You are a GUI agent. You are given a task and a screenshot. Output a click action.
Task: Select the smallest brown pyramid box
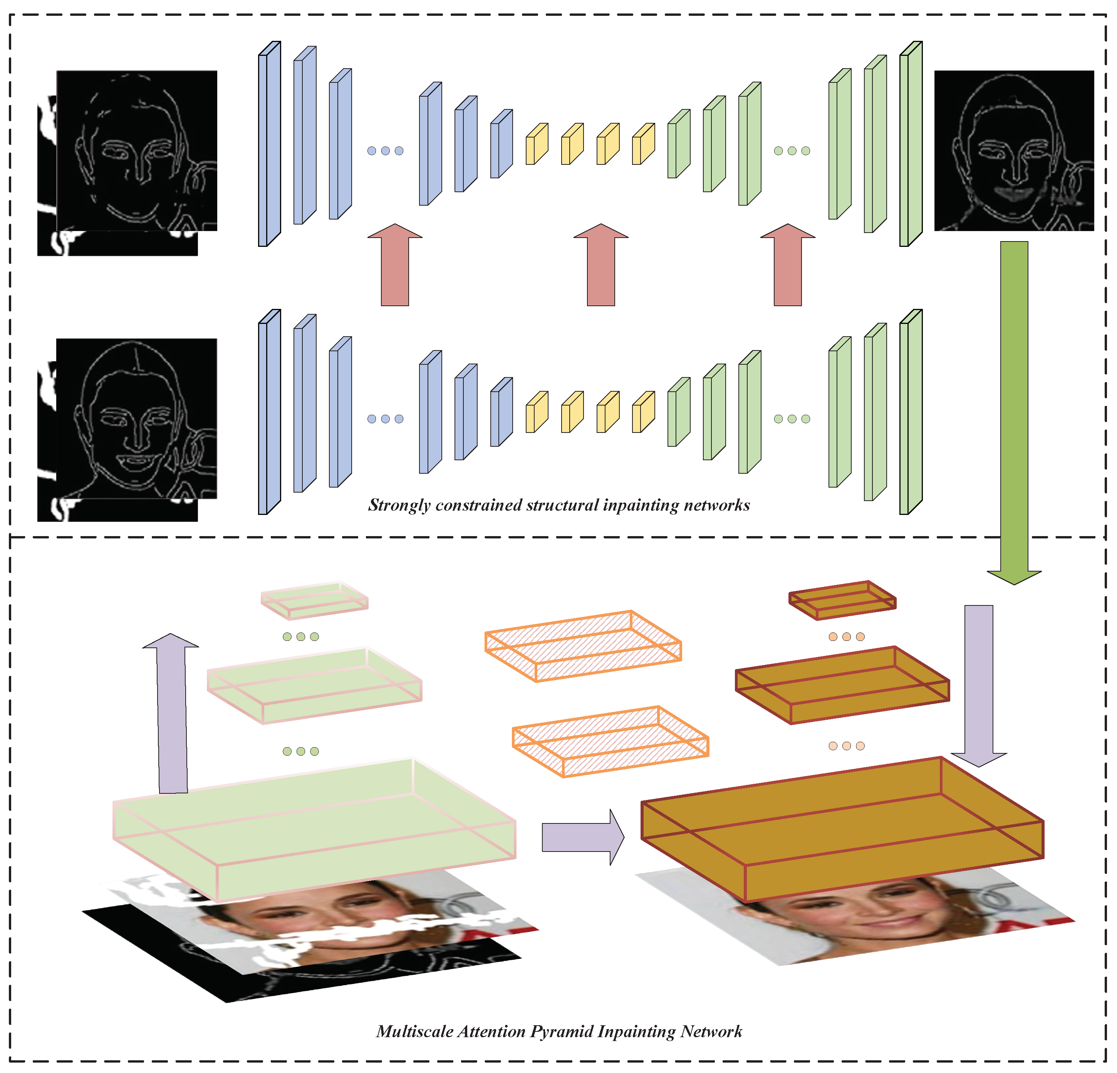point(842,600)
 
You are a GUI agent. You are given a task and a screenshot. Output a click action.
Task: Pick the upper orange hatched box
point(583,645)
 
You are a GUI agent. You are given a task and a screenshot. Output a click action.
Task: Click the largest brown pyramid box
point(842,829)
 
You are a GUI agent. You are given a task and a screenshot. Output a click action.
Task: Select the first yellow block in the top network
point(536,145)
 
